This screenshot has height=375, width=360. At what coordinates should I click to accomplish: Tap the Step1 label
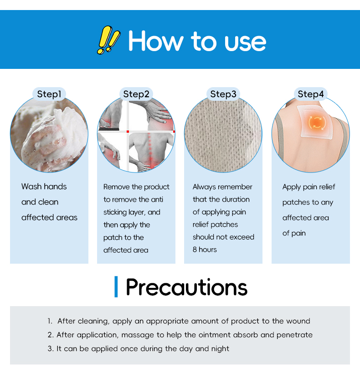(49, 94)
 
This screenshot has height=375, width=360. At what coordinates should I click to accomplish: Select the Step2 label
(136, 94)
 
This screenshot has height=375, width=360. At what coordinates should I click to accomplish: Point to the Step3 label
(223, 94)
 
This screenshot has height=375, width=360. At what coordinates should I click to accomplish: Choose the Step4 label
(310, 94)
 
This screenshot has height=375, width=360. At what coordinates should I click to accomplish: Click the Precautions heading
(186, 287)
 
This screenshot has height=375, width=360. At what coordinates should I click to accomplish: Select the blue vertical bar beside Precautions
(116, 287)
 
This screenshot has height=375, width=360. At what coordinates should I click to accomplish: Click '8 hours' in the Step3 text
(205, 250)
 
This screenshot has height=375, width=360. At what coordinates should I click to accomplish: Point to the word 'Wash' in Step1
(31, 187)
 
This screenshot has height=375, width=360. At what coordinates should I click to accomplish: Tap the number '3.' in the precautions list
(51, 349)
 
